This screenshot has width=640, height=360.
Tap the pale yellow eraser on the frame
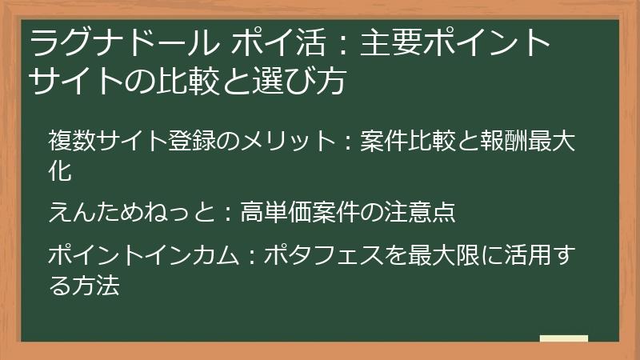[563, 338]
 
